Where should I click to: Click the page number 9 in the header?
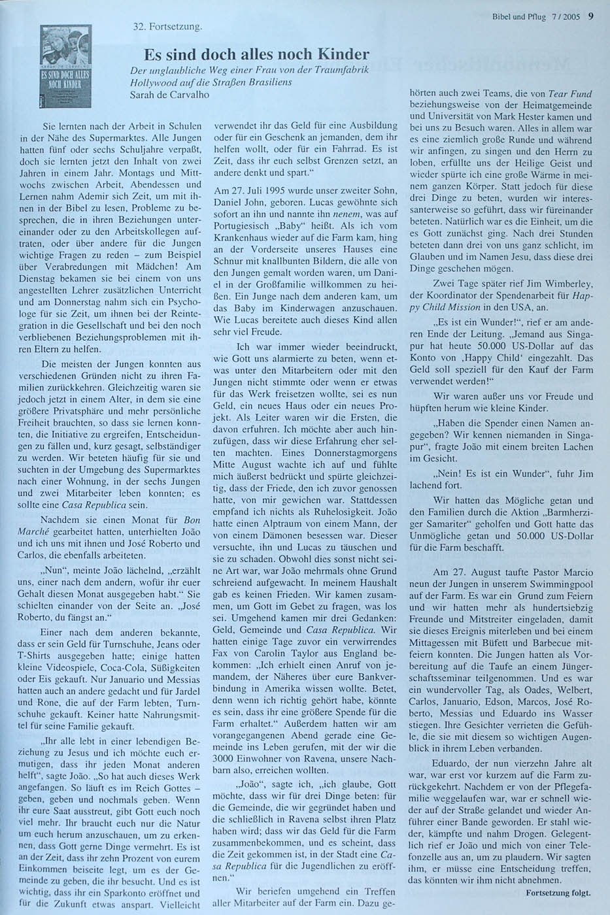[590, 17]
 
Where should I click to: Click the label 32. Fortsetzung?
[165, 27]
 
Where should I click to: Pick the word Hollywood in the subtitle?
[151, 83]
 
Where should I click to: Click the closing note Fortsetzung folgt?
[558, 891]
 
